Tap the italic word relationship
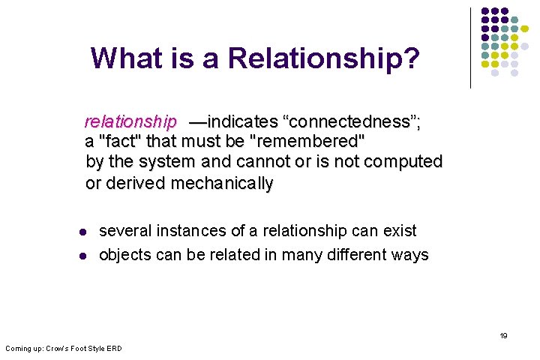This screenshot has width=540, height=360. (130, 121)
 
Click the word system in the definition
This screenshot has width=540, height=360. (184, 161)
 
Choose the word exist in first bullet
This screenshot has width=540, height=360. (399, 231)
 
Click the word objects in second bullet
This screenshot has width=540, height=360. (126, 255)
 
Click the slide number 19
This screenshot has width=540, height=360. (503, 336)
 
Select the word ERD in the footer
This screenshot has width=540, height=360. (113, 348)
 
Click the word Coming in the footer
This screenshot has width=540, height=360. (19, 348)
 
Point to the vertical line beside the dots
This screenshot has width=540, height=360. (470, 48)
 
